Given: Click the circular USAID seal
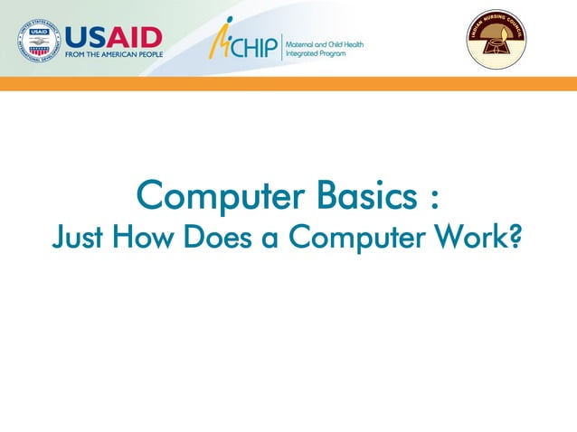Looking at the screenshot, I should pos(38,41).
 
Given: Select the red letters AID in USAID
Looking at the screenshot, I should pos(136,36).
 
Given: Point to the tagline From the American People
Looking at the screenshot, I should pos(113,54).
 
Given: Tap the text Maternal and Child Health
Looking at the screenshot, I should pos(325,43).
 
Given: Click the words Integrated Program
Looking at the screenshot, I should pos(316,53).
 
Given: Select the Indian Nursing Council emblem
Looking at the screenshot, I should pos(496,39).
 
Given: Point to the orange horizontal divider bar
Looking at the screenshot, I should pos(288,83).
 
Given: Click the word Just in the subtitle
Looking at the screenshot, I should pos(76,237).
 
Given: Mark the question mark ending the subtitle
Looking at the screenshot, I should pos(516,237).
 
